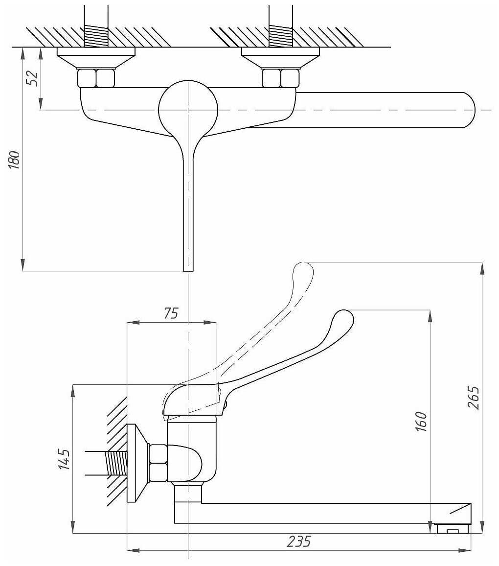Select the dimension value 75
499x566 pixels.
pyautogui.click(x=171, y=313)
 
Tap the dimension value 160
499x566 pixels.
pyautogui.click(x=422, y=422)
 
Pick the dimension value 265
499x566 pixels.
pyautogui.click(x=473, y=400)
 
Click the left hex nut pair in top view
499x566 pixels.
pyautogui.click(x=96, y=78)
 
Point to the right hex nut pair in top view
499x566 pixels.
pyautogui.click(x=280, y=78)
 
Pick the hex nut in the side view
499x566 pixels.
pyautogui.click(x=158, y=463)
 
